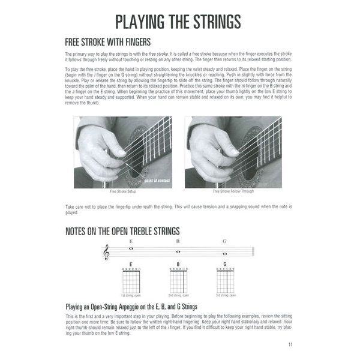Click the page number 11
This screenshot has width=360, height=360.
coord(290,344)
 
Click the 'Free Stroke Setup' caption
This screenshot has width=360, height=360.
coord(122,192)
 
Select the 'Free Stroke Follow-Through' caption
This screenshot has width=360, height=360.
coord(233,192)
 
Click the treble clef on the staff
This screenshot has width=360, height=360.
coord(107,252)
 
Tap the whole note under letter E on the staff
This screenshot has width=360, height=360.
coord(131,248)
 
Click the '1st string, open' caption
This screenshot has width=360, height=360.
coord(131,296)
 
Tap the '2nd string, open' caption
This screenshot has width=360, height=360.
coord(178,296)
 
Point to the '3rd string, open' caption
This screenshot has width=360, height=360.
coord(225,296)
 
